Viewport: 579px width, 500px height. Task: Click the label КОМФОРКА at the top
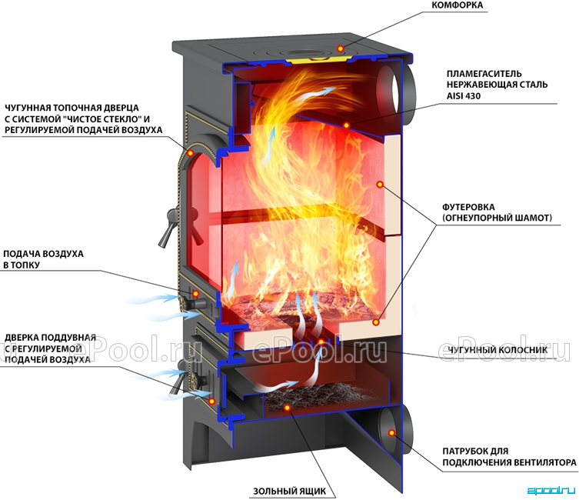tap(457, 5)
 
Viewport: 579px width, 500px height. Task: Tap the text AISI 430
tap(464, 96)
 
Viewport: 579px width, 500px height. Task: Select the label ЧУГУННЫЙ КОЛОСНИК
tap(497, 350)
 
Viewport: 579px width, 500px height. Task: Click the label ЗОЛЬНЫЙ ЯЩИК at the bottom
tap(289, 492)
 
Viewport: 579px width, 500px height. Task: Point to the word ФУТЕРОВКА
tap(468, 207)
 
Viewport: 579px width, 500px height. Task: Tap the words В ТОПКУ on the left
tap(22, 265)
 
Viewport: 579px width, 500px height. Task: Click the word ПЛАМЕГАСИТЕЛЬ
tap(484, 74)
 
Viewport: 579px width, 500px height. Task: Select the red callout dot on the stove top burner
tap(341, 48)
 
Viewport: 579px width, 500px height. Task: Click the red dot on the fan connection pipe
tap(391, 433)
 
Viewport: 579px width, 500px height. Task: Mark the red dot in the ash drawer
tap(287, 408)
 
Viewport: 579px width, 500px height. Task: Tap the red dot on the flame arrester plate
tap(346, 125)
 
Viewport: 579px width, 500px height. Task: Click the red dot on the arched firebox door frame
tap(191, 152)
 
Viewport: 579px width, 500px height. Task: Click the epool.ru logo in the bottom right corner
tap(551, 491)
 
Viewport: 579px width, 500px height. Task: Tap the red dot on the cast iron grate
tap(321, 342)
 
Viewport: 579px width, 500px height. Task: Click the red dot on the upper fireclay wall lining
tap(380, 184)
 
